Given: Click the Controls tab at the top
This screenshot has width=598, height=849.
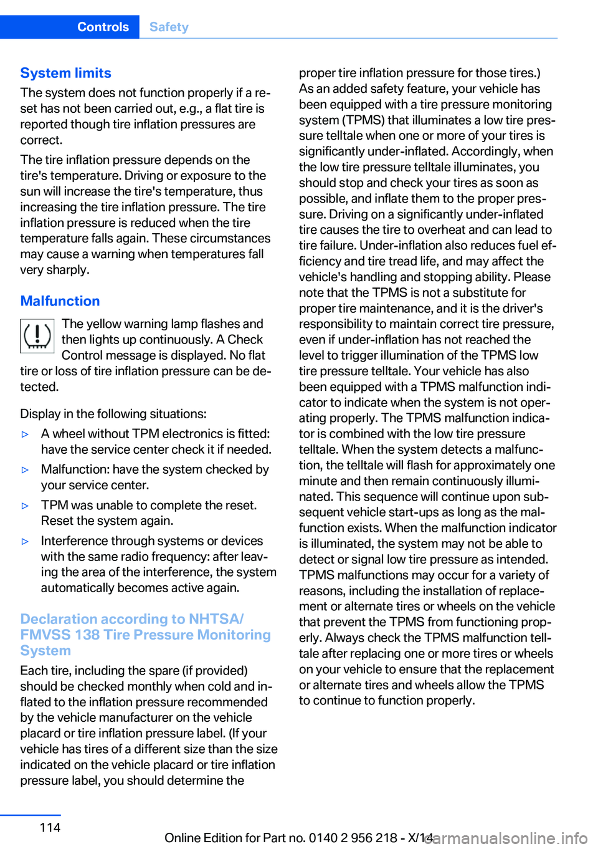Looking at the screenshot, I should [103, 27].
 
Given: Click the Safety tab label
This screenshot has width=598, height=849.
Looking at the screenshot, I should [169, 27].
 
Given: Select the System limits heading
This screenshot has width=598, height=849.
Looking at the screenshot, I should [65, 73].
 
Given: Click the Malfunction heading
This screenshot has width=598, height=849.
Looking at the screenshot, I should [60, 301].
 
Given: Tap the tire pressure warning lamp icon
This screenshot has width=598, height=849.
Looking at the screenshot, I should [37, 336].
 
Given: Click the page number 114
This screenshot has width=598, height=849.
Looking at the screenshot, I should [50, 827].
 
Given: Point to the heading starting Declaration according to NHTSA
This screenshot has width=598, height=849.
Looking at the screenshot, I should [132, 619].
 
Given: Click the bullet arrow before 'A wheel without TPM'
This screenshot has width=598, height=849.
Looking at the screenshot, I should [26, 434].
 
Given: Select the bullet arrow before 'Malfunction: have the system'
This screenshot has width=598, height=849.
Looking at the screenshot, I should [26, 469].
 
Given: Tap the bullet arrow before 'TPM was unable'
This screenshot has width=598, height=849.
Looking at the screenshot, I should [26, 506].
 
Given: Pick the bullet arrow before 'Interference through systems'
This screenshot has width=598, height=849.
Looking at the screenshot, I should [26, 541].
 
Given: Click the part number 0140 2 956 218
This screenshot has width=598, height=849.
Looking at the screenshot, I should [353, 838].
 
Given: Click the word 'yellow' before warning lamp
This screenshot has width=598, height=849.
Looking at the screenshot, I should [105, 324].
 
